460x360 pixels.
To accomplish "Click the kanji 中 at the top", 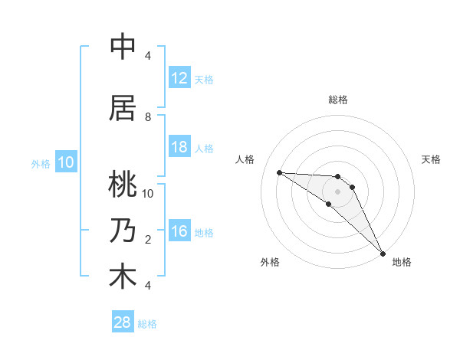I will [123, 47].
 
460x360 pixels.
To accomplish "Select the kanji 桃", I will [123, 185].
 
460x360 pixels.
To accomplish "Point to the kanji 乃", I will [123, 231].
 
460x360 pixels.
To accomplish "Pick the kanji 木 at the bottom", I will [123, 277].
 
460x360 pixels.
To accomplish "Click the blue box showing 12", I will [179, 78].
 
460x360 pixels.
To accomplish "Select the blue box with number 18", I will [179, 147].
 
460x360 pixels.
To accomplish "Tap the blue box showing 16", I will [179, 231].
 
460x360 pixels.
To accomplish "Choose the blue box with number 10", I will [65, 162].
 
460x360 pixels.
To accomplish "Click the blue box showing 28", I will [123, 323].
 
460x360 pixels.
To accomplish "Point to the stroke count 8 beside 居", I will [148, 117].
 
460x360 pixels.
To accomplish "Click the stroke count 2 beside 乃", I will [148, 240].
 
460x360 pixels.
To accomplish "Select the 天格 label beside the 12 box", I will [204, 79].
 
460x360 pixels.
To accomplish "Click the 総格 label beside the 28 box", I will [147, 324].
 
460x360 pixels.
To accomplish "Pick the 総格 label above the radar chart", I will [338, 100].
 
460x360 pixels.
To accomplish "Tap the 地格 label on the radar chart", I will [402, 262].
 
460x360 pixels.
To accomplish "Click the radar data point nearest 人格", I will [280, 172].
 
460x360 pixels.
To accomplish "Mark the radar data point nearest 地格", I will [382, 253].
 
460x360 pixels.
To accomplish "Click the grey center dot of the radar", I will [337, 191].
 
